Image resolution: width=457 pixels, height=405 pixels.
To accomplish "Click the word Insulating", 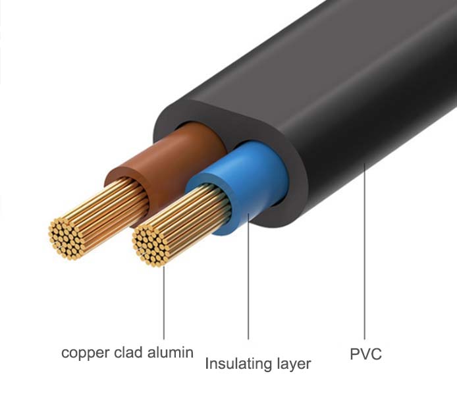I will (241, 364).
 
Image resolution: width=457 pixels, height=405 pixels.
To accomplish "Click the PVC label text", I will (365, 355).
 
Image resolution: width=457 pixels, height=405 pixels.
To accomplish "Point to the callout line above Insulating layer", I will (248, 283).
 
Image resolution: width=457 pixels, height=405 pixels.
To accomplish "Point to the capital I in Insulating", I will (207, 364).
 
